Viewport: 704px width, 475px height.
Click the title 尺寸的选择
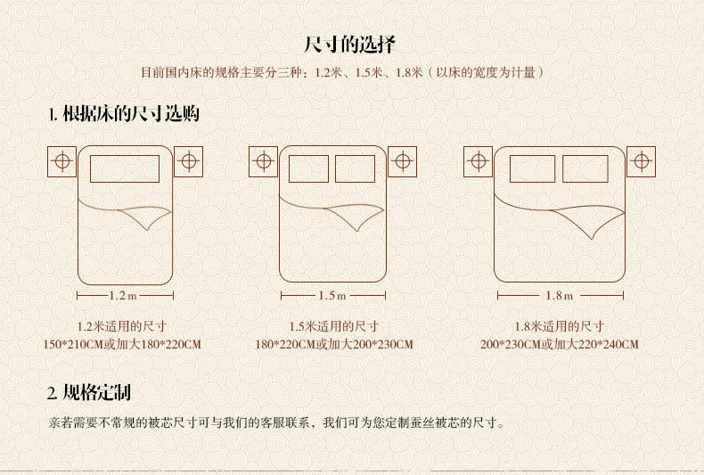point(351,44)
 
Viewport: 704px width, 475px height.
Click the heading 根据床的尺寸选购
point(124,114)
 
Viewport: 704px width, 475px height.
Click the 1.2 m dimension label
point(124,295)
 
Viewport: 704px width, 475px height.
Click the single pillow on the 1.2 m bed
point(125,168)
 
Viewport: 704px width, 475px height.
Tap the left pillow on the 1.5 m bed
point(309,168)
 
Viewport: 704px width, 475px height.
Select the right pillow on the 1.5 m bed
point(355,168)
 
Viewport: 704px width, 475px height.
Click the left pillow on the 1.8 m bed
point(533,168)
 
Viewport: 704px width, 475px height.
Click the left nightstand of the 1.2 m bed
point(61,161)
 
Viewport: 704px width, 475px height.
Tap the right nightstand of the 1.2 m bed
point(188,161)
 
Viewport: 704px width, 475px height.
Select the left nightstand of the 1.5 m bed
point(263,161)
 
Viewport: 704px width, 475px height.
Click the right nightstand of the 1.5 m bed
point(402,161)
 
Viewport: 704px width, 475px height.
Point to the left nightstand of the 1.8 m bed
point(478,161)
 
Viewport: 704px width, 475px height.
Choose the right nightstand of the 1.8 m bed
point(641,161)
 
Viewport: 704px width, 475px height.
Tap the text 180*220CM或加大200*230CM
point(333,344)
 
